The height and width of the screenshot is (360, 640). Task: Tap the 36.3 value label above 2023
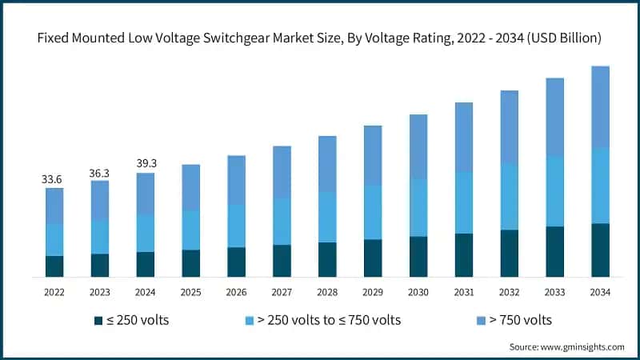point(99,171)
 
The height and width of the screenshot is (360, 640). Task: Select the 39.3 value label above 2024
point(145,163)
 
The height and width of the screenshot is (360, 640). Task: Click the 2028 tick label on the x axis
point(327,292)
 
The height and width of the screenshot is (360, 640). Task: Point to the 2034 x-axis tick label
point(600,292)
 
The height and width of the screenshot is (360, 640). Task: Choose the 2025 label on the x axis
point(190,292)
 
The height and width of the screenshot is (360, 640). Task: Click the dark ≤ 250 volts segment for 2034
point(600,250)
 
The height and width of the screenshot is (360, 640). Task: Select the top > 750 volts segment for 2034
point(600,106)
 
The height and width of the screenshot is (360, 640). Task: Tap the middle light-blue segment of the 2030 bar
point(418,207)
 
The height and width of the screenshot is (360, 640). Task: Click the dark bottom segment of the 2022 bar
point(54,266)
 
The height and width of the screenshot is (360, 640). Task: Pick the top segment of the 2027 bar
point(282,172)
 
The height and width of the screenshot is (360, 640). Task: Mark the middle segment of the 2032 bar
point(509,197)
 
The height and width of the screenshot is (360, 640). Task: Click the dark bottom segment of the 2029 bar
point(373,258)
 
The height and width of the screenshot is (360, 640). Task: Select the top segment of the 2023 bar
point(99,200)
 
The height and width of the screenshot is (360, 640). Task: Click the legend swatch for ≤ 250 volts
point(98,321)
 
